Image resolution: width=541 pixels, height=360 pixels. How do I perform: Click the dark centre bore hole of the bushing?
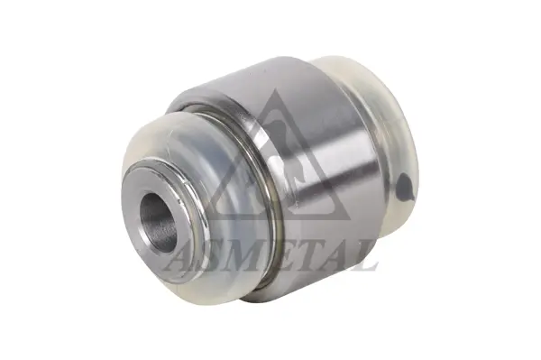[158, 222]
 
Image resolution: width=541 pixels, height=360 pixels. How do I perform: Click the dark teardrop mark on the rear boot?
[404, 187]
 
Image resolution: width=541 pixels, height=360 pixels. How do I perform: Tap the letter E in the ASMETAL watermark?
[280, 258]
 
